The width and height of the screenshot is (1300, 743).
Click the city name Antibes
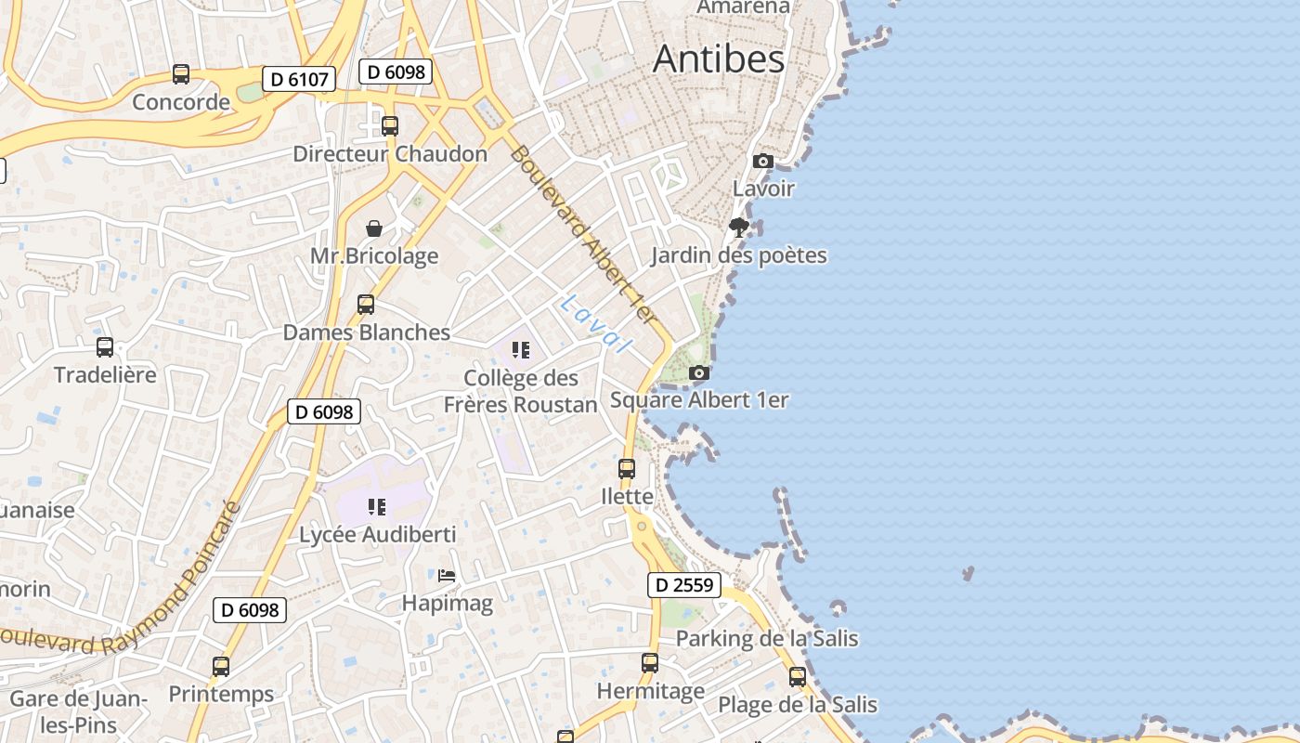click(x=719, y=59)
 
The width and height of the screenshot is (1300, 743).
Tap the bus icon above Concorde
click(x=181, y=74)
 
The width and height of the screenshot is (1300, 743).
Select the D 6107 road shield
click(x=298, y=79)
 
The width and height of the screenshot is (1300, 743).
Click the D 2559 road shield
click(x=684, y=584)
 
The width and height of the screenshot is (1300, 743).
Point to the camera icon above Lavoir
click(x=763, y=161)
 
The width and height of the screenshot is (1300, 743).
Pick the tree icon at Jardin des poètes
click(x=739, y=228)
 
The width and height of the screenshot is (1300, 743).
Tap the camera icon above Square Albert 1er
click(x=699, y=372)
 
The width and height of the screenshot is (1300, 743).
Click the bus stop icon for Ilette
click(x=627, y=469)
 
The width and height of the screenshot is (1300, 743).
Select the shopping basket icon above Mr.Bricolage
click(x=374, y=228)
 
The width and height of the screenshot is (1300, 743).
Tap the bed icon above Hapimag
click(x=447, y=576)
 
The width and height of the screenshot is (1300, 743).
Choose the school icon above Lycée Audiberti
click(x=376, y=507)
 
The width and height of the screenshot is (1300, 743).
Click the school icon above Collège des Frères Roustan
click(x=521, y=350)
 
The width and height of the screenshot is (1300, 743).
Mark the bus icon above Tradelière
click(x=105, y=347)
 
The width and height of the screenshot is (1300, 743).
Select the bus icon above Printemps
click(x=221, y=666)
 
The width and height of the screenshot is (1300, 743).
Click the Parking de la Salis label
click(x=767, y=639)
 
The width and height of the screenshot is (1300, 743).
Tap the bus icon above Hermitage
click(x=650, y=663)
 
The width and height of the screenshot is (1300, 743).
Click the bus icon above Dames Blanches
click(x=366, y=305)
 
